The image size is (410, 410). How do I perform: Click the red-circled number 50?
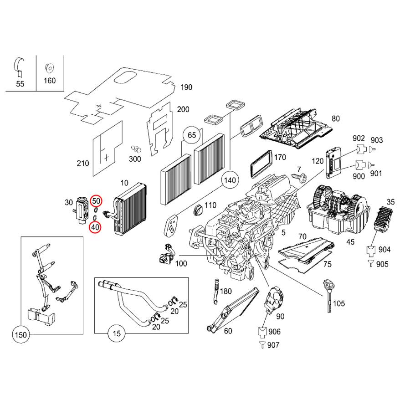point(96,200)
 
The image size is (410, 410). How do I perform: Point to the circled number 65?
point(192,135)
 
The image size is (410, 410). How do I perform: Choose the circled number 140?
point(231,181)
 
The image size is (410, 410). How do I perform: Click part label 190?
point(187,87)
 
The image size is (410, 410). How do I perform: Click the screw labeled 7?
point(299,175)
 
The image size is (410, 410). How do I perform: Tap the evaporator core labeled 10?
point(132,210)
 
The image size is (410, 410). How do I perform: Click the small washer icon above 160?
point(48,69)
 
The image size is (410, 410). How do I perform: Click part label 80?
point(336,119)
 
